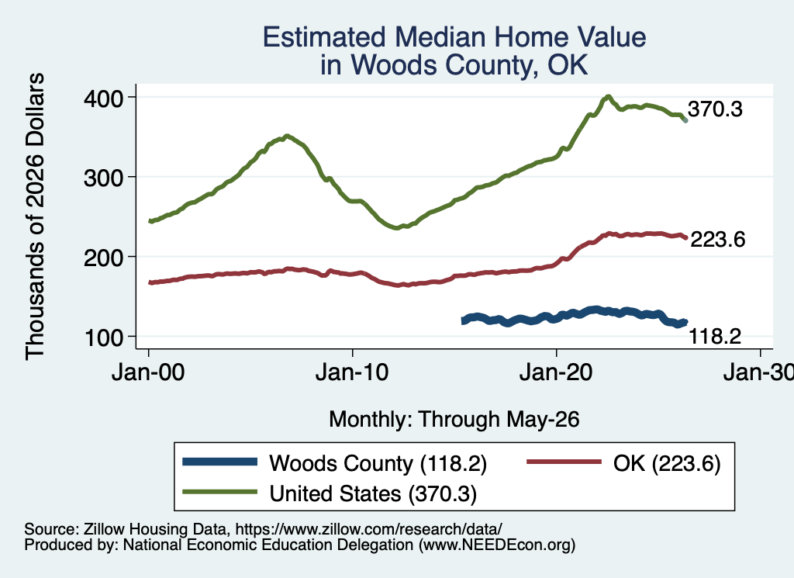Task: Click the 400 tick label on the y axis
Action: click(x=103, y=99)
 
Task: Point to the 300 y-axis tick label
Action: click(x=103, y=178)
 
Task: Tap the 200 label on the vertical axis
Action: click(x=103, y=258)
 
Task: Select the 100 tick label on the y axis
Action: click(x=105, y=337)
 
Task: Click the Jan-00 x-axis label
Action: click(x=148, y=372)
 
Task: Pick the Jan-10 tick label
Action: click(x=352, y=372)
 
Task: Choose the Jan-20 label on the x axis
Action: click(x=556, y=372)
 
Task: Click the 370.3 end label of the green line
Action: click(x=715, y=109)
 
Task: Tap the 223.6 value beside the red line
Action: click(x=717, y=239)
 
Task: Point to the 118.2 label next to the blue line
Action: click(x=715, y=336)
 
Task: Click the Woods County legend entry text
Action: click(x=378, y=463)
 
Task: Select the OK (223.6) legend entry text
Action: click(x=666, y=463)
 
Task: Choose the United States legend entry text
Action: click(x=373, y=493)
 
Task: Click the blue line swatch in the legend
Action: click(x=219, y=462)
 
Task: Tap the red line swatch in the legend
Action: click(x=564, y=462)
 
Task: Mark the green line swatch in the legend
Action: click(x=219, y=491)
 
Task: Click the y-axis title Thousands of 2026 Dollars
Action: click(x=35, y=216)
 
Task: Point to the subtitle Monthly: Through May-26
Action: click(x=454, y=420)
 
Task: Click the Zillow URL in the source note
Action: click(x=368, y=529)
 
